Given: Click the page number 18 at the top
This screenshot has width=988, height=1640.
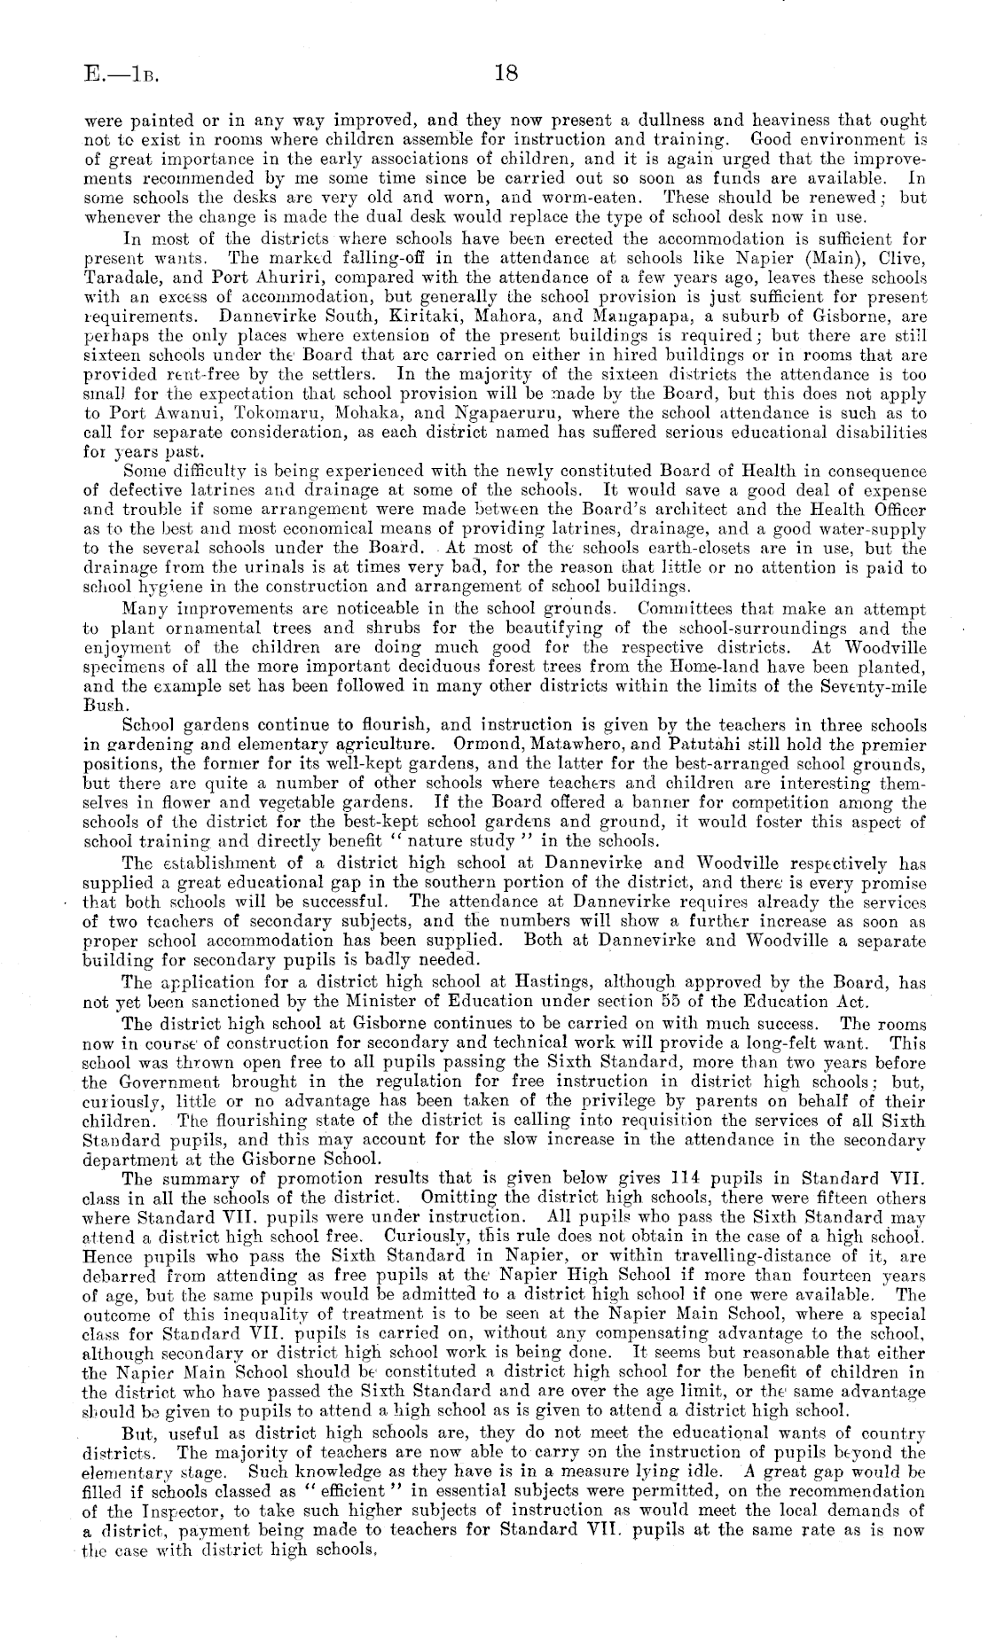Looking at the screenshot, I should click(x=506, y=74).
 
